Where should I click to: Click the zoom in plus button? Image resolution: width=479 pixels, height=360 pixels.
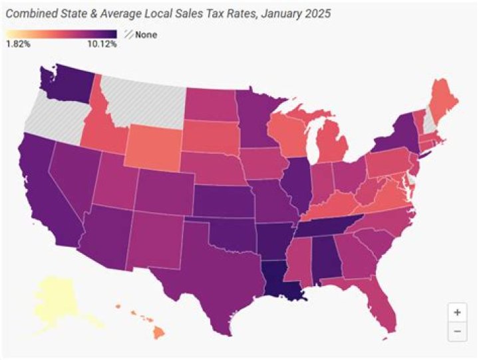click(456, 311)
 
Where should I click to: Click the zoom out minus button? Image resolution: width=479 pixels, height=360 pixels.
click(456, 329)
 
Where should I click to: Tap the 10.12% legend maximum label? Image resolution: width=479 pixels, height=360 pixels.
click(102, 45)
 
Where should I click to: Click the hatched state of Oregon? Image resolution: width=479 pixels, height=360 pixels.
click(50, 116)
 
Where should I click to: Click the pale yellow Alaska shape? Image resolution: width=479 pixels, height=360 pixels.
click(53, 299)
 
